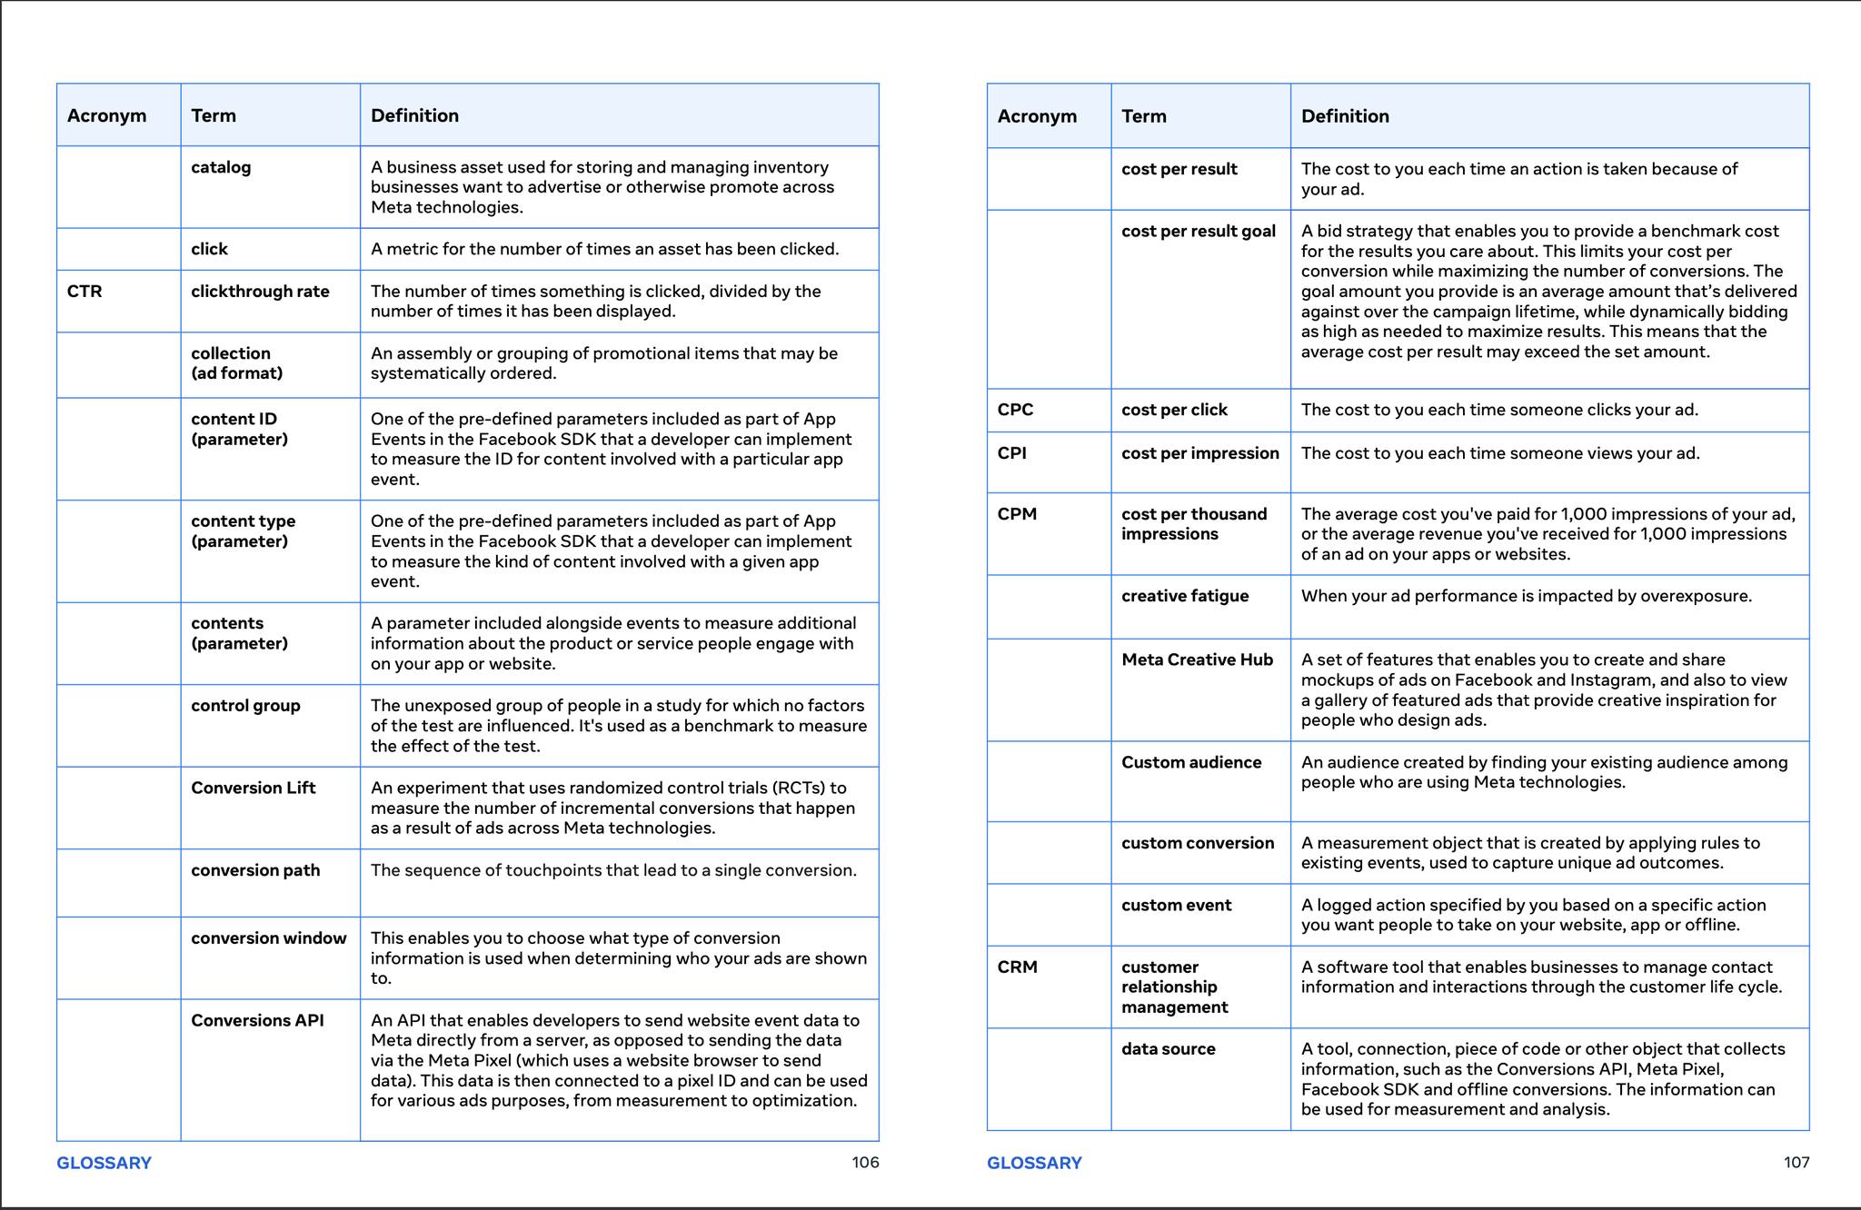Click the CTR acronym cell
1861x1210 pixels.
[85, 292]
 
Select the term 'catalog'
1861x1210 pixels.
[221, 167]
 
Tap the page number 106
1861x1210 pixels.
[865, 1162]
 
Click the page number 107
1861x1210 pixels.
[1796, 1162]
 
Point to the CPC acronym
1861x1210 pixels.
[1015, 410]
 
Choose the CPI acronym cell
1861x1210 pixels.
[1011, 453]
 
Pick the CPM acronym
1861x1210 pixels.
[1017, 514]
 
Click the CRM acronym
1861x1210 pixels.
[1017, 967]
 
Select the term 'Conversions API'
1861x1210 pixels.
[257, 1020]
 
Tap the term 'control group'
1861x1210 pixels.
[245, 706]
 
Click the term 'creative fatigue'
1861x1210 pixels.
[1185, 596]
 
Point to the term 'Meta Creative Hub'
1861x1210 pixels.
[1197, 660]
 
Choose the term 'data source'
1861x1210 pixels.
[1168, 1048]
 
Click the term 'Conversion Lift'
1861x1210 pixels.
[253, 788]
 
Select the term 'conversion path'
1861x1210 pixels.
[255, 870]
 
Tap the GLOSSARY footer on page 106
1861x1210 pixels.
[104, 1163]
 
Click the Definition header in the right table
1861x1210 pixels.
[1345, 116]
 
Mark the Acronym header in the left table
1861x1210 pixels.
[106, 115]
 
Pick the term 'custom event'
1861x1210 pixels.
[1176, 905]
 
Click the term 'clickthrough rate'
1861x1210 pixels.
[260, 292]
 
